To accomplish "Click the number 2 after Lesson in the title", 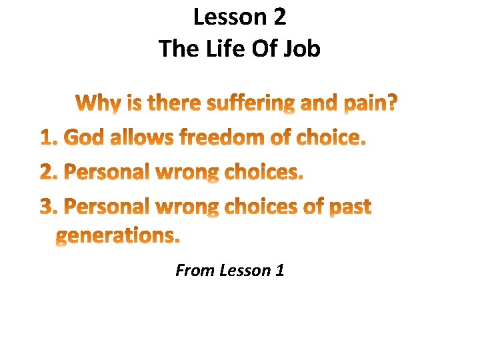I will tap(278, 17).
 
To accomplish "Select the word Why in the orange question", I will tap(97, 104).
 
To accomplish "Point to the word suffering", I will tap(251, 104).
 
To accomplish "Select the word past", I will tap(350, 207).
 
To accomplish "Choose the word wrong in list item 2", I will tap(187, 173).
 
